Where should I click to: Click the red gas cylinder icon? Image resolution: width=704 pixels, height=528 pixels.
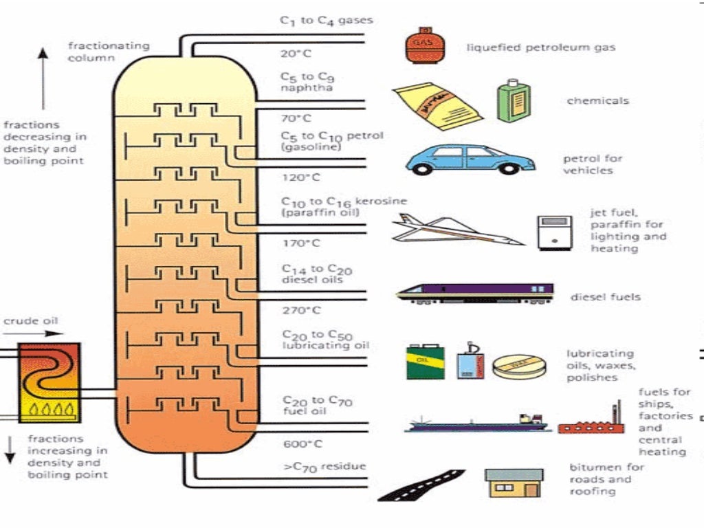click(x=421, y=45)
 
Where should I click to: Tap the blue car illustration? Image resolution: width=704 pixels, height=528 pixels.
click(x=470, y=159)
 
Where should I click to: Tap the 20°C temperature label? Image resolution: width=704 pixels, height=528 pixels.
click(x=296, y=53)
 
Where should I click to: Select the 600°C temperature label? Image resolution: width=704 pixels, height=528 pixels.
click(x=302, y=443)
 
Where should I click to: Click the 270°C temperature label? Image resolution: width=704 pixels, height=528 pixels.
click(x=301, y=310)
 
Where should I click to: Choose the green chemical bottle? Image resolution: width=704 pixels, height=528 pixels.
click(x=514, y=100)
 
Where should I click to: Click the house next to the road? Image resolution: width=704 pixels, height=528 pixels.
click(x=514, y=483)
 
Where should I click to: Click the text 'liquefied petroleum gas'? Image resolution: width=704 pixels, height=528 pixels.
click(x=540, y=47)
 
